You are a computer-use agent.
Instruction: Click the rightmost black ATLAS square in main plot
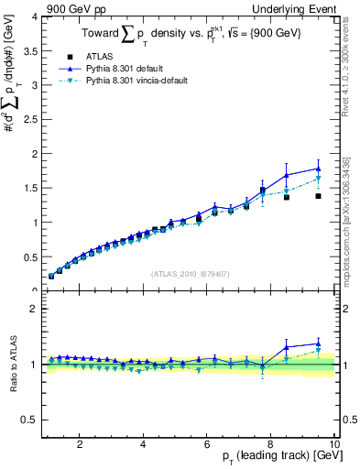coord(318,196)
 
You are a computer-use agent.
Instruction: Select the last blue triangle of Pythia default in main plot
coord(318,169)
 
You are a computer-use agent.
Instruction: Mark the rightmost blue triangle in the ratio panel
coord(318,344)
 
